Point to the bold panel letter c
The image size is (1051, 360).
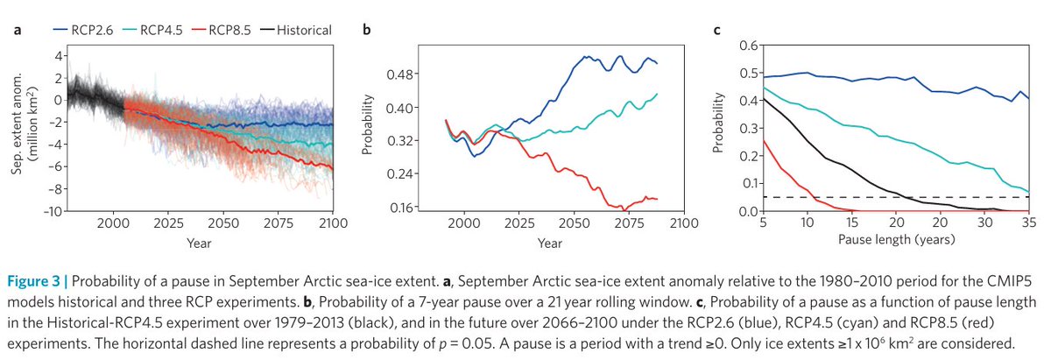point(717,32)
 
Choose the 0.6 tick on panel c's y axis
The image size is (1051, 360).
point(747,46)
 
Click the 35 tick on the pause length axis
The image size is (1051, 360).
point(1026,225)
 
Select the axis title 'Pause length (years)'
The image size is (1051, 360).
point(888,238)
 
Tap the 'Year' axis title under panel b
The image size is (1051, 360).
point(549,243)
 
